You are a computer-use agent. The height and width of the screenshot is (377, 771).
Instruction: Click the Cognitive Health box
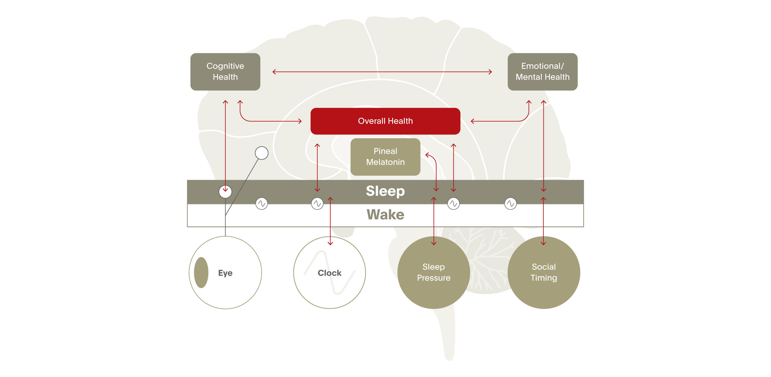pos(225,72)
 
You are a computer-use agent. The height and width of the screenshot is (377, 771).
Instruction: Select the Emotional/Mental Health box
pos(542,72)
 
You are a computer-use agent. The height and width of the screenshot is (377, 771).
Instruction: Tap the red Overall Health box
pos(385,121)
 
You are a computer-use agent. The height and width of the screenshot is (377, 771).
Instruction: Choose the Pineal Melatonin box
pos(385,157)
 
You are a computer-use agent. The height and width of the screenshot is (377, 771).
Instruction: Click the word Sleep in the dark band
pos(385,191)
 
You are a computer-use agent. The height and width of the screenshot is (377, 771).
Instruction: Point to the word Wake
pos(385,215)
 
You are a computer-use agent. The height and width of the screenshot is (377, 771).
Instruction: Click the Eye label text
pos(225,273)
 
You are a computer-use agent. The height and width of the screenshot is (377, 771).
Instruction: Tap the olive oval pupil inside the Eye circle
pos(201,272)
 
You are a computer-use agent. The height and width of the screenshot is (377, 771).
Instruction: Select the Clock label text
pos(329,273)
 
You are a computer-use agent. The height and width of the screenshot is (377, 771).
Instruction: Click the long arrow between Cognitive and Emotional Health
pos(382,72)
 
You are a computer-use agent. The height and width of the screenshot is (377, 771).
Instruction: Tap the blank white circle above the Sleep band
pos(261,153)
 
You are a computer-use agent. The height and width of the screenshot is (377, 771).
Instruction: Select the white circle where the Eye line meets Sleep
pos(225,192)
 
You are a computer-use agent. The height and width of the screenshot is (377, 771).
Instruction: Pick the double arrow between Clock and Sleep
pos(330,221)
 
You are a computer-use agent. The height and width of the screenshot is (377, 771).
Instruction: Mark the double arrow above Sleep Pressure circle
pos(434,221)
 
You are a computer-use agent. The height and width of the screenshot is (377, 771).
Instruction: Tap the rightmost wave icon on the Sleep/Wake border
pos(510,203)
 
